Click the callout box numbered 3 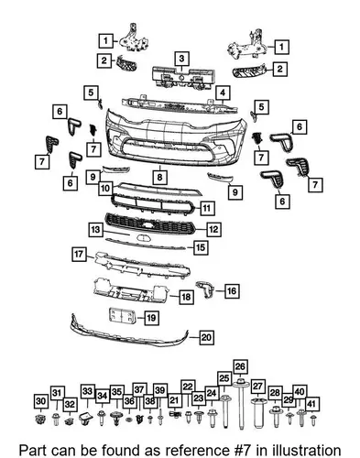(x=181, y=59)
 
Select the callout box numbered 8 (x=160, y=177)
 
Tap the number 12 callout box (x=213, y=229)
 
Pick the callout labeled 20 (x=206, y=337)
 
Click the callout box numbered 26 (x=241, y=367)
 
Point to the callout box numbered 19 (x=151, y=318)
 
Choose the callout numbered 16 (x=232, y=291)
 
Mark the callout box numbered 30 (x=41, y=401)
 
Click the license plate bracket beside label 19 (x=122, y=316)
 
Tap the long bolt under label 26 (x=241, y=403)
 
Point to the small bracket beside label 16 (x=205, y=289)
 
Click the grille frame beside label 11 (x=153, y=204)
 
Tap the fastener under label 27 (x=258, y=412)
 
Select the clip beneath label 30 (x=39, y=420)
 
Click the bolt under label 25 (x=225, y=410)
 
